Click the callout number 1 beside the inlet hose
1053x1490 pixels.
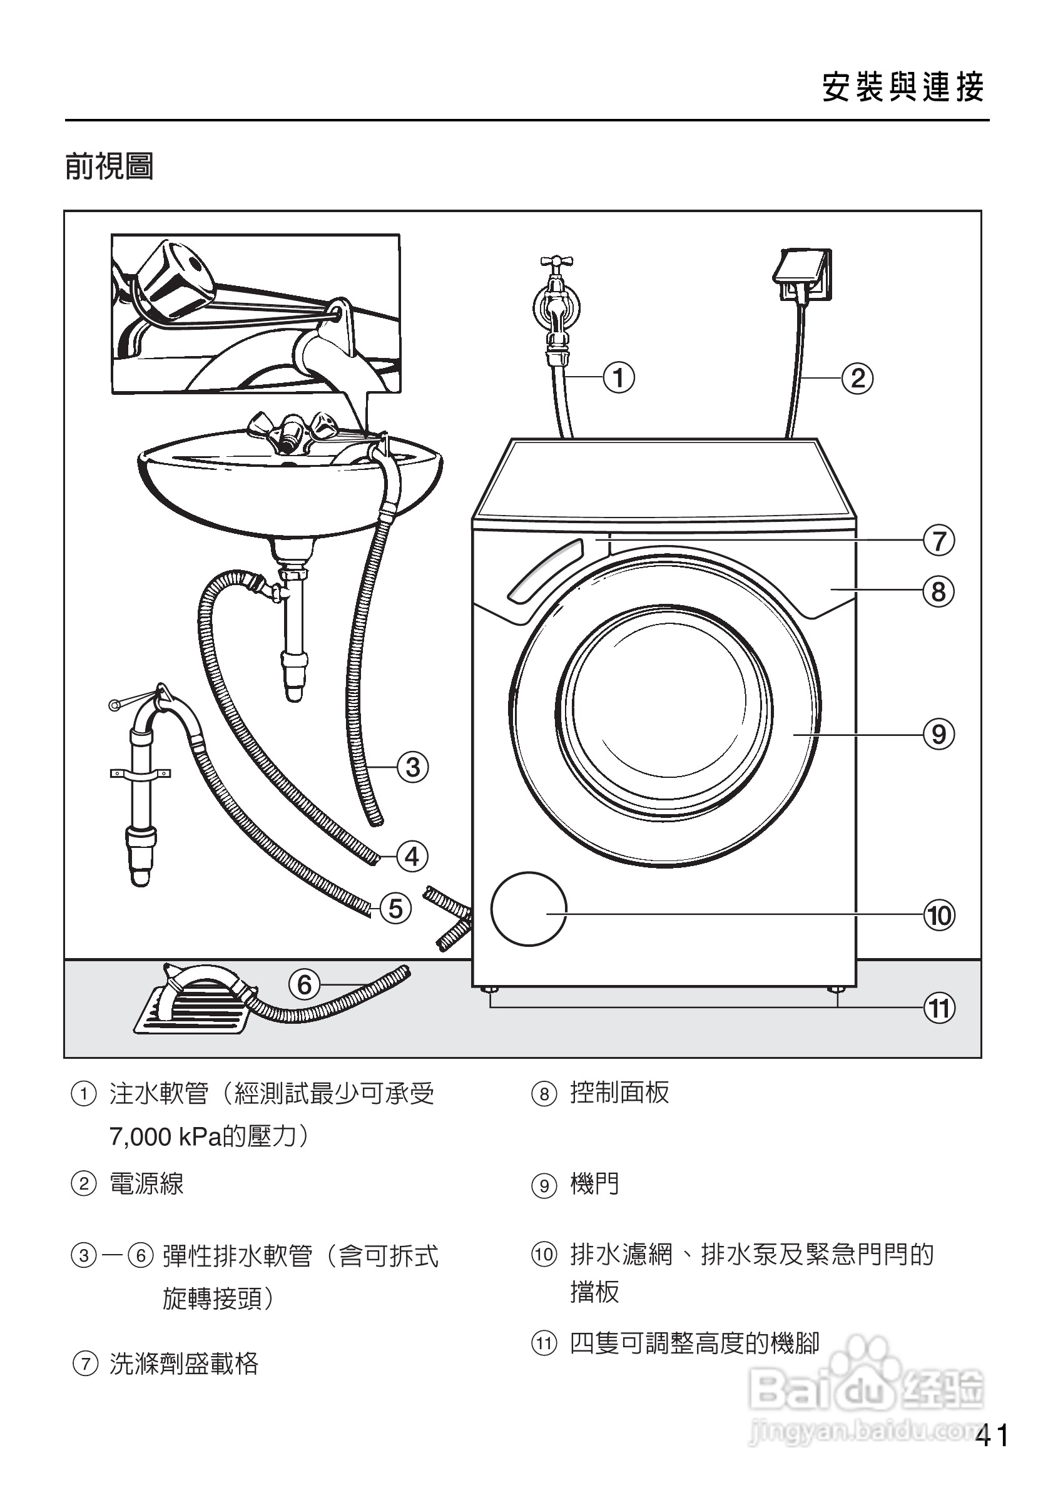point(618,377)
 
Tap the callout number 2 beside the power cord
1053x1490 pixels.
point(857,379)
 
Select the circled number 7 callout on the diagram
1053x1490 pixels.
point(939,540)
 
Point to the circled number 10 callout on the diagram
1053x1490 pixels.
point(939,916)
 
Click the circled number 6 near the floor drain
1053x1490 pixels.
point(304,984)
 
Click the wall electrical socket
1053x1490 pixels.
point(803,276)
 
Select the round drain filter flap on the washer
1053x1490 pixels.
point(528,909)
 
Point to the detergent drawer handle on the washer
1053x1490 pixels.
point(546,571)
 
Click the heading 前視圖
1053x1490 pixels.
point(109,167)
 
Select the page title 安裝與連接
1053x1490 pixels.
point(903,87)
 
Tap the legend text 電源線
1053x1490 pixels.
point(146,1183)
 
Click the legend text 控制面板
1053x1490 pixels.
point(619,1092)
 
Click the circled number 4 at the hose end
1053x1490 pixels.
point(412,857)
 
